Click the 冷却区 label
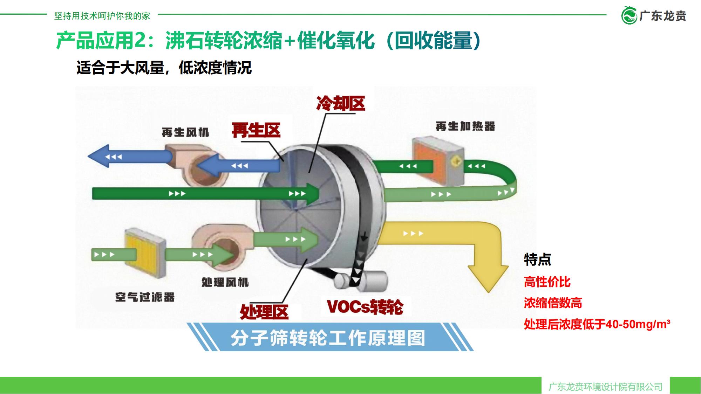click(340, 103)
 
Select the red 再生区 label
click(256, 130)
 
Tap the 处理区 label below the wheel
click(264, 312)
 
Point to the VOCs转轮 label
click(365, 306)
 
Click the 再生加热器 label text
click(465, 126)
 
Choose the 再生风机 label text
click(185, 132)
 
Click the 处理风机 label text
click(225, 282)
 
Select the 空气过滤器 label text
click(145, 297)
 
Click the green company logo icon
click(629, 16)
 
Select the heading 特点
click(537, 259)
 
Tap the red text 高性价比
click(547, 282)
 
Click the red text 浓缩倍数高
click(553, 303)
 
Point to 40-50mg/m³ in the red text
click(638, 324)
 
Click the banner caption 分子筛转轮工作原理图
click(328, 338)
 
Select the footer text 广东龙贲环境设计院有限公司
click(605, 387)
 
